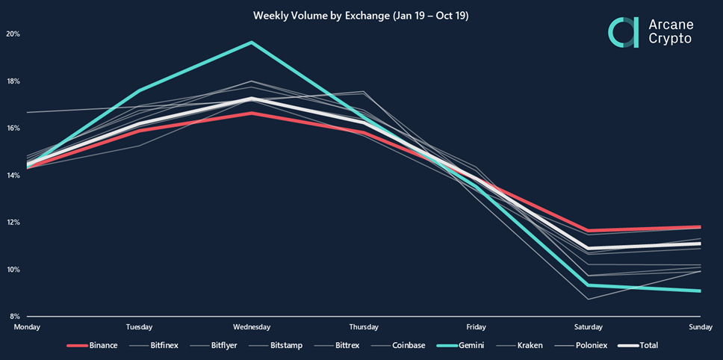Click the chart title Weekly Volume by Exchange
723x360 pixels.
(361, 15)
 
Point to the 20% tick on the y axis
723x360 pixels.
(13, 34)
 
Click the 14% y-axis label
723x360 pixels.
(13, 176)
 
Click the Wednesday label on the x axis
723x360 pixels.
(251, 327)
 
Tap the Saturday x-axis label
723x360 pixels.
(588, 327)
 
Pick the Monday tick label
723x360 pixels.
(27, 327)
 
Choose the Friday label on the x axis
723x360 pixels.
(476, 327)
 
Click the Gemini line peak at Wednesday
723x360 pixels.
(252, 43)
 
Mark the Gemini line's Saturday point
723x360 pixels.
(588, 285)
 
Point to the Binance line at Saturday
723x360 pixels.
(588, 231)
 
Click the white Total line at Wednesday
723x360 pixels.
(252, 99)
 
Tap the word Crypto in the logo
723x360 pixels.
(671, 39)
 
